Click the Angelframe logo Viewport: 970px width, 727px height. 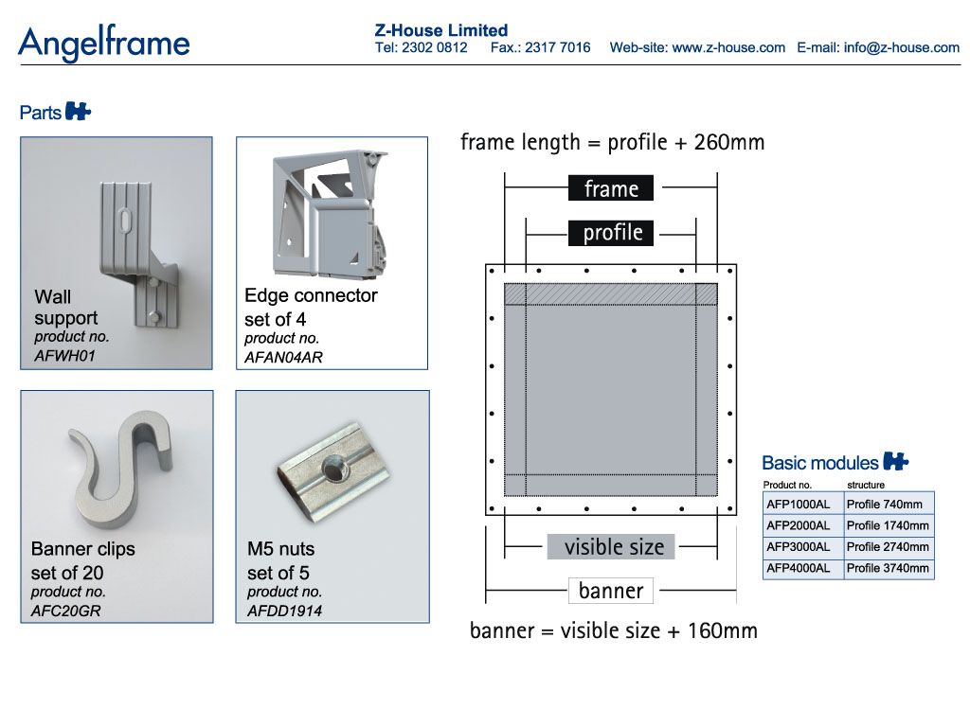(x=104, y=44)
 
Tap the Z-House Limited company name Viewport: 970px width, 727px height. (x=441, y=30)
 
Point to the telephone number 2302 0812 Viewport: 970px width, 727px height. (x=434, y=47)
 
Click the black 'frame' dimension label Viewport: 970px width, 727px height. (x=611, y=188)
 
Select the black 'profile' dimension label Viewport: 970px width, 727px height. (x=611, y=233)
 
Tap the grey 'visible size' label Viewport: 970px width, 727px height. (x=611, y=546)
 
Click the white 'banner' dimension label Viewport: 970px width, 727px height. (x=611, y=591)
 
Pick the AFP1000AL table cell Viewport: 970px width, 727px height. (x=803, y=504)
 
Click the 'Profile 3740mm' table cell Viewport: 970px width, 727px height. (x=889, y=568)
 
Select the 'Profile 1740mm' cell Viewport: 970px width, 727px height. (x=889, y=525)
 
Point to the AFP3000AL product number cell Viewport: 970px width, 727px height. (x=803, y=546)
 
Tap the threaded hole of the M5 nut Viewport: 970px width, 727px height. (x=334, y=468)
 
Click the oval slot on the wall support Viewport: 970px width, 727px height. (x=126, y=220)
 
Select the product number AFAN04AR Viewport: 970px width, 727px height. (x=283, y=357)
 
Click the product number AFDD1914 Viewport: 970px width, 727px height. (x=284, y=611)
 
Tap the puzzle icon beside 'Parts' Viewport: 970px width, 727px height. (x=78, y=112)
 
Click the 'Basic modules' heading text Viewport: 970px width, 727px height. (x=819, y=462)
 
